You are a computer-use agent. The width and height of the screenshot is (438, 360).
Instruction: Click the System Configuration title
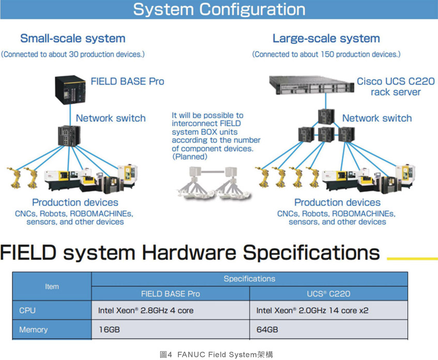tap(219, 9)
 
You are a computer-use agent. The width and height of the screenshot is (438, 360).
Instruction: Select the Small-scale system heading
tap(72, 38)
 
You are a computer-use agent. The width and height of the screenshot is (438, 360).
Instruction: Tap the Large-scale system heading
tap(326, 38)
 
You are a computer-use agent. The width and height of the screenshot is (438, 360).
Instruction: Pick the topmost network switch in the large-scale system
tap(326, 116)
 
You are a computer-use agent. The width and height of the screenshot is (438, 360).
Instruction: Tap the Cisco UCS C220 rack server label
tap(395, 87)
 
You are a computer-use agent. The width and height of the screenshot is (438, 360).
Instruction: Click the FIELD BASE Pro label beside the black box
tap(127, 81)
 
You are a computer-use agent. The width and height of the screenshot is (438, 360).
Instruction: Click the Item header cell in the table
tap(52, 286)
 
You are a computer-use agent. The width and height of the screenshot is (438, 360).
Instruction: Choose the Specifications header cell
tap(249, 279)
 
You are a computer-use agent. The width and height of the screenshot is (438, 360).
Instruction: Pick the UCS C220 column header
tap(328, 294)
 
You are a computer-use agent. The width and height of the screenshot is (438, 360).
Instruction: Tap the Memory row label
tap(33, 329)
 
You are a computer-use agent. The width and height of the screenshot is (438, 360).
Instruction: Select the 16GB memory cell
tap(109, 329)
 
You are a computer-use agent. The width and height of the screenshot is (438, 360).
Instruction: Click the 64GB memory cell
tap(267, 329)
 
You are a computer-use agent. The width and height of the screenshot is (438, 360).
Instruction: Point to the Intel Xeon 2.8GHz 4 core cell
tap(146, 311)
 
